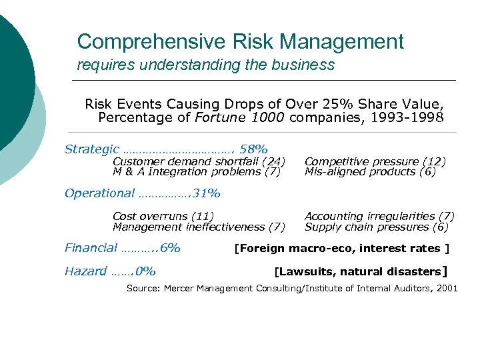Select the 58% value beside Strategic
point(254,149)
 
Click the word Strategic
point(92,149)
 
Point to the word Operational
point(99,194)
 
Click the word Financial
point(91,248)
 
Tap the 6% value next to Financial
point(170,248)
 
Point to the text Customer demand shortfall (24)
point(199,161)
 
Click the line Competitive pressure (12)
point(375,161)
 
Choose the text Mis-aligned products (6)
point(370,171)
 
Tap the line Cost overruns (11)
point(163,216)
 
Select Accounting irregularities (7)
point(379,216)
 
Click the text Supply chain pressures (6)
point(377,227)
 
